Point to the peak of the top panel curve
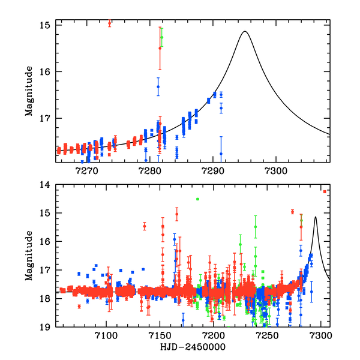pyautogui.click(x=244, y=32)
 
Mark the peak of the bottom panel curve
pyautogui.click(x=316, y=217)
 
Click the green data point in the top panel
pyautogui.click(x=162, y=37)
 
